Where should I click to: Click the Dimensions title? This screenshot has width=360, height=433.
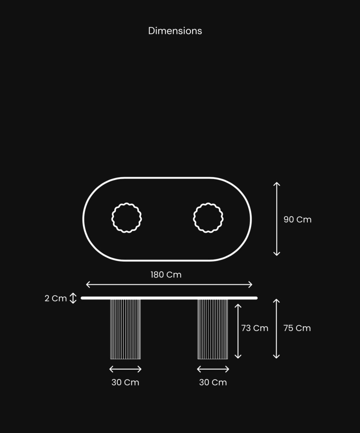pyautogui.click(x=175, y=31)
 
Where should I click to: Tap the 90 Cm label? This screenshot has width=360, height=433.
pyautogui.click(x=297, y=220)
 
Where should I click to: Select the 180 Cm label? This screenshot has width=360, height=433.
pyautogui.click(x=166, y=275)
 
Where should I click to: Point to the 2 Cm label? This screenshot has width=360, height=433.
pyautogui.click(x=55, y=298)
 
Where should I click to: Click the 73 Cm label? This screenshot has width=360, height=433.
pyautogui.click(x=255, y=328)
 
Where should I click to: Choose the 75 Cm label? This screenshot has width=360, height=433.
pyautogui.click(x=297, y=328)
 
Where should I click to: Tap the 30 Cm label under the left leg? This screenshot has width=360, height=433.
pyautogui.click(x=125, y=382)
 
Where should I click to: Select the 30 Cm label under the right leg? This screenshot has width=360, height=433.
pyautogui.click(x=213, y=382)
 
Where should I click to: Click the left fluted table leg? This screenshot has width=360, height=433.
pyautogui.click(x=125, y=329)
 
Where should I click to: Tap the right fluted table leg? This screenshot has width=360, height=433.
pyautogui.click(x=213, y=329)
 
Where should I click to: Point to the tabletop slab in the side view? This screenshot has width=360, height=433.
pyautogui.click(x=169, y=298)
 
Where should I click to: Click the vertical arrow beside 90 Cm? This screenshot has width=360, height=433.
pyautogui.click(x=277, y=219)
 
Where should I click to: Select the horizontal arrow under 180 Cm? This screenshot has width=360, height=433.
pyautogui.click(x=169, y=284)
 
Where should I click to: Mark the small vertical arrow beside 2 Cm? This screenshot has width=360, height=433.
pyautogui.click(x=73, y=298)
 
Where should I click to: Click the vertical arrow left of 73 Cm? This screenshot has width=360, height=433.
pyautogui.click(x=238, y=331)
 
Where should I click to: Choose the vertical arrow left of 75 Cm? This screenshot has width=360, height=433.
pyautogui.click(x=276, y=329)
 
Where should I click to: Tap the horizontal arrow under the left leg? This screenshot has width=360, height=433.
pyautogui.click(x=125, y=369)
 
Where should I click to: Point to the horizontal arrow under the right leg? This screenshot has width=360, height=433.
pyautogui.click(x=213, y=369)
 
